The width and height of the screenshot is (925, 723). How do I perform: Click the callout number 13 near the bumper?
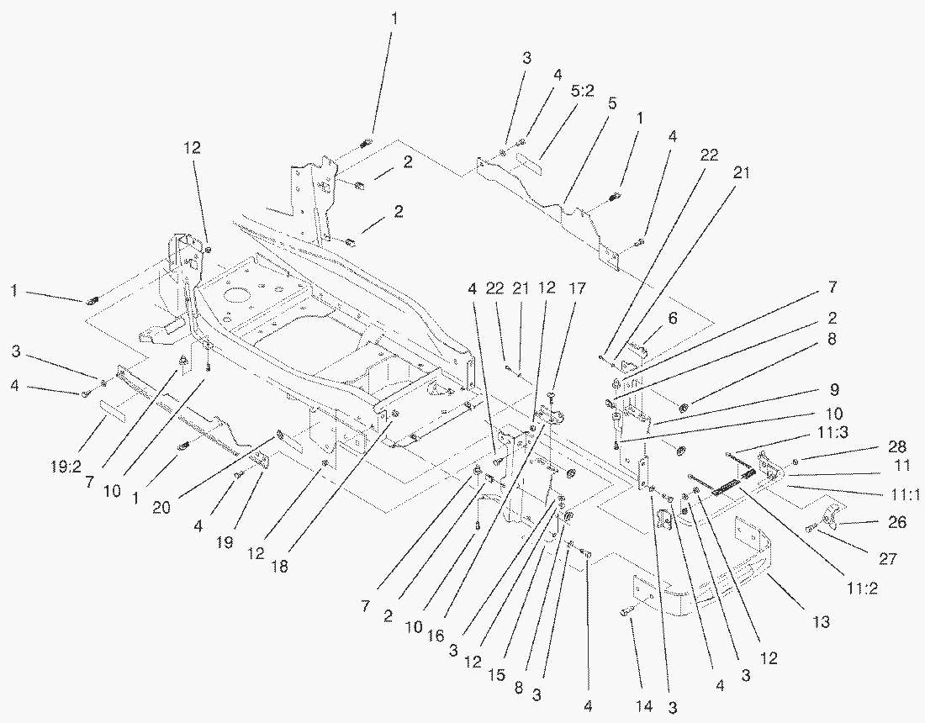click(x=821, y=621)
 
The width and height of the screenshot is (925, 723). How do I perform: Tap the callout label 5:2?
click(x=582, y=91)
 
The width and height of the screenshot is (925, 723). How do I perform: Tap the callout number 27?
click(x=888, y=558)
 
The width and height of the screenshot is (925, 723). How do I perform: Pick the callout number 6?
click(x=672, y=319)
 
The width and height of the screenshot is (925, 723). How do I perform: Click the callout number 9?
click(x=834, y=390)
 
